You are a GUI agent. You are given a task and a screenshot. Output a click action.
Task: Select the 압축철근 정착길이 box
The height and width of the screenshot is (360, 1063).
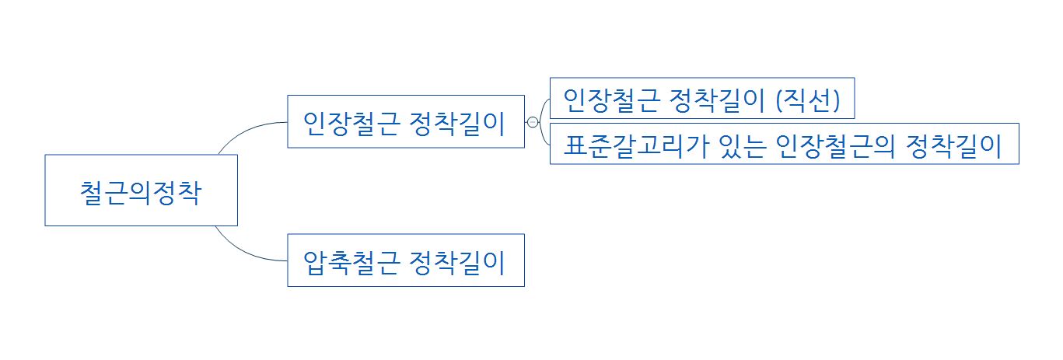click(405, 260)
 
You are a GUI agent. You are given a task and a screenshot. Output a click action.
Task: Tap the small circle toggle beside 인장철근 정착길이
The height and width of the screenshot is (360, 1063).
click(533, 122)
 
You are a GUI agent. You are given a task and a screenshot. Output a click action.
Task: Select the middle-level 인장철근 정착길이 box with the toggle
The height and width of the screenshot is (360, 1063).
click(405, 121)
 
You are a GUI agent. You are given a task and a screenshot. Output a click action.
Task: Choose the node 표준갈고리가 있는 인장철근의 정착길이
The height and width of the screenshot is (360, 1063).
click(784, 144)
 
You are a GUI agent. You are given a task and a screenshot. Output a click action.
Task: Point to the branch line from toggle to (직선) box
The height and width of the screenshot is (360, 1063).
click(543, 102)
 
